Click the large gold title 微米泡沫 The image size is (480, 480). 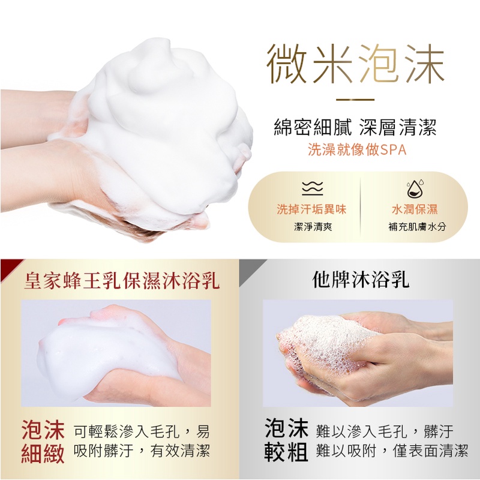[x=355, y=64]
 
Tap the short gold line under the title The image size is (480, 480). [x=355, y=100]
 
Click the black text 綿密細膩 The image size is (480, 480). [x=313, y=127]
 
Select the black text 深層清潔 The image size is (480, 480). [x=398, y=127]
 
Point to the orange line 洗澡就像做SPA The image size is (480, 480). [x=357, y=149]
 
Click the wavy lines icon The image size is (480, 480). [x=312, y=188]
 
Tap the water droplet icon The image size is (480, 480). [x=415, y=188]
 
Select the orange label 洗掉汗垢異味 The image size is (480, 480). [x=311, y=209]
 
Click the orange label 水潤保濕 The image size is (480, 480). [x=415, y=209]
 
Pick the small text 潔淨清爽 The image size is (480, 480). [x=313, y=227]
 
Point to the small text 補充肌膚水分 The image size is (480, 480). [x=417, y=227]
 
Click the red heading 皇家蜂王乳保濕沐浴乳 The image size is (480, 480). [x=122, y=280]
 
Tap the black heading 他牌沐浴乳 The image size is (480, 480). [x=361, y=279]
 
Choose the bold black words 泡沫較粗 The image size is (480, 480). [x=286, y=440]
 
